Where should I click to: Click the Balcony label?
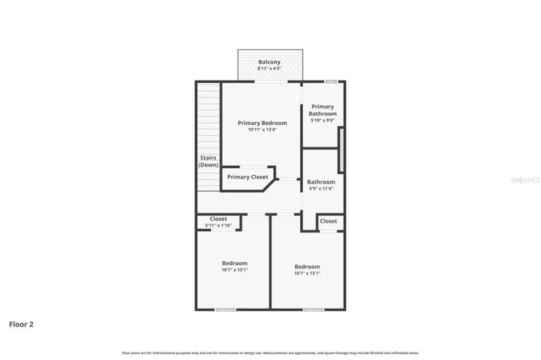point(269,62)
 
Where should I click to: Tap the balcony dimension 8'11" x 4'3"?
point(269,69)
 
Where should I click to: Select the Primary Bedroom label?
point(262,123)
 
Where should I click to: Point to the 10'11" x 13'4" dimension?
point(262,130)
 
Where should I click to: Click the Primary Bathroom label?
point(322,110)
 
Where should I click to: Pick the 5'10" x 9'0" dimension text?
point(322,121)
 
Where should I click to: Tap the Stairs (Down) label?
point(207,161)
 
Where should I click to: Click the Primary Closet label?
point(247,177)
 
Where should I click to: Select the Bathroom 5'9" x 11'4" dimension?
point(322,189)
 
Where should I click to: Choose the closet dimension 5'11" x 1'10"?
point(218,226)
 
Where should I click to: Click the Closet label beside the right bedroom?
point(328,221)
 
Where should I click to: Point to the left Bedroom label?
point(234,263)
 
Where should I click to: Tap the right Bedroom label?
point(307,266)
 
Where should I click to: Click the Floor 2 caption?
point(21,325)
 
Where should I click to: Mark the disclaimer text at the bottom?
point(269,352)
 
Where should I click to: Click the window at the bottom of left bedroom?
point(225,309)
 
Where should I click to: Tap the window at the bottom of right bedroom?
point(312,309)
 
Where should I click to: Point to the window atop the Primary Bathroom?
point(330,81)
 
